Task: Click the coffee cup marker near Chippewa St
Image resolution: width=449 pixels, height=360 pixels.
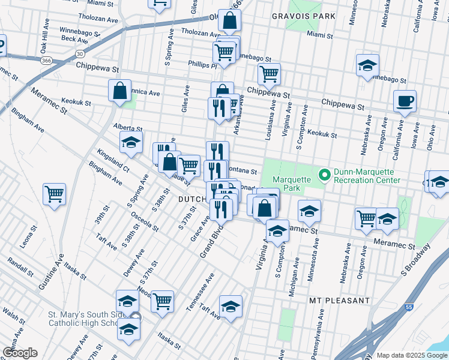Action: click(405, 101)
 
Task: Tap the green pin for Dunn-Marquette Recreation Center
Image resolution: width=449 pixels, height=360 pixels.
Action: click(325, 175)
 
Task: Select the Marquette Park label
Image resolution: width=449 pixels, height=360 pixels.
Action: click(293, 179)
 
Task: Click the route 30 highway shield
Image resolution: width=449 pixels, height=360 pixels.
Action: click(79, 53)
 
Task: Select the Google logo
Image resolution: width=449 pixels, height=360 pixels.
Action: click(20, 353)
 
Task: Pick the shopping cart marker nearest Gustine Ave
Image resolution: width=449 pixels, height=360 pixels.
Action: click(54, 194)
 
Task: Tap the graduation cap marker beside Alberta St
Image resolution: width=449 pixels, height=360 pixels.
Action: click(131, 143)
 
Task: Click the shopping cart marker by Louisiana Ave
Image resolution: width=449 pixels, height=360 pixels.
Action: click(270, 74)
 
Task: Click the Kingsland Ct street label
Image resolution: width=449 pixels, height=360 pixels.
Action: click(112, 160)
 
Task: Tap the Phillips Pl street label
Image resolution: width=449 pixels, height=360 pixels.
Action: click(201, 65)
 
